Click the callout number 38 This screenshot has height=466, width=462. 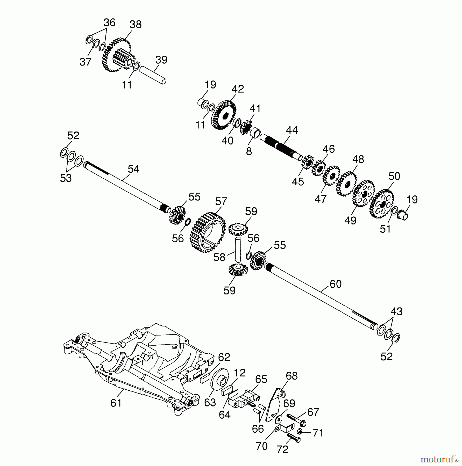(136, 25)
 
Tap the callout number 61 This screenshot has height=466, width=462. (116, 403)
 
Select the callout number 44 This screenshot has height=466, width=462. (292, 130)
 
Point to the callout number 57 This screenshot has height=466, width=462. (221, 201)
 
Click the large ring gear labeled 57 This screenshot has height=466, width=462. (207, 232)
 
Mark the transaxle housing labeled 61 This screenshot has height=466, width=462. (135, 368)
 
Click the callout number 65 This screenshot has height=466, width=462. (261, 379)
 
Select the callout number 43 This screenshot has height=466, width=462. (396, 311)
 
